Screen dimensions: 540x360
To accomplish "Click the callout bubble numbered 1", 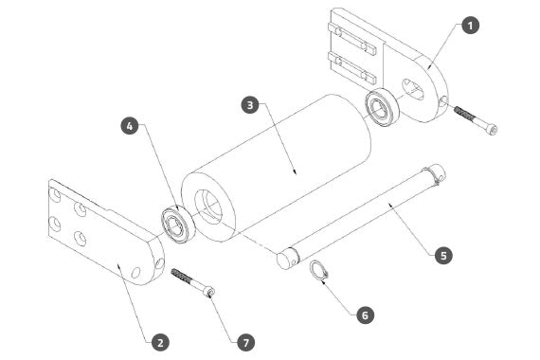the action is (x=471, y=26).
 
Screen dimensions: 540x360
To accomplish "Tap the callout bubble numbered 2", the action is (x=160, y=342).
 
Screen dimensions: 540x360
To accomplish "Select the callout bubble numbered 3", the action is (x=250, y=105).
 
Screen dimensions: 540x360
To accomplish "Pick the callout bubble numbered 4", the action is (x=130, y=126).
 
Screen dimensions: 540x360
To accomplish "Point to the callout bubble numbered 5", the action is (x=443, y=255).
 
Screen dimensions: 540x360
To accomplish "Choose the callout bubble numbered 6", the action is (x=365, y=315).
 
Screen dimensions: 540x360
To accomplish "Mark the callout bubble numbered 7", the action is (x=246, y=342).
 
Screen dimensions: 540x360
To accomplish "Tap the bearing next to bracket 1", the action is (x=382, y=107).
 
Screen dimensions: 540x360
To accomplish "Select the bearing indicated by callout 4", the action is (x=178, y=224).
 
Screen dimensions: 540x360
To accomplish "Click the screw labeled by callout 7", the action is (x=193, y=281).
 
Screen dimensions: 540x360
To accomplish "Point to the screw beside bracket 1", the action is (x=476, y=119).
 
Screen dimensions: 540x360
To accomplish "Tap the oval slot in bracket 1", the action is (x=413, y=90).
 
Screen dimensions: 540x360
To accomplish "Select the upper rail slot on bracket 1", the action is (x=351, y=39).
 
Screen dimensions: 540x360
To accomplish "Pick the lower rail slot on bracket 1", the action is (x=351, y=68).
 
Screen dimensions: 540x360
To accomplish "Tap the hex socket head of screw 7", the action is (x=209, y=293).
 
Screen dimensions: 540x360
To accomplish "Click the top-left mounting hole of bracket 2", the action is (x=56, y=196).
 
